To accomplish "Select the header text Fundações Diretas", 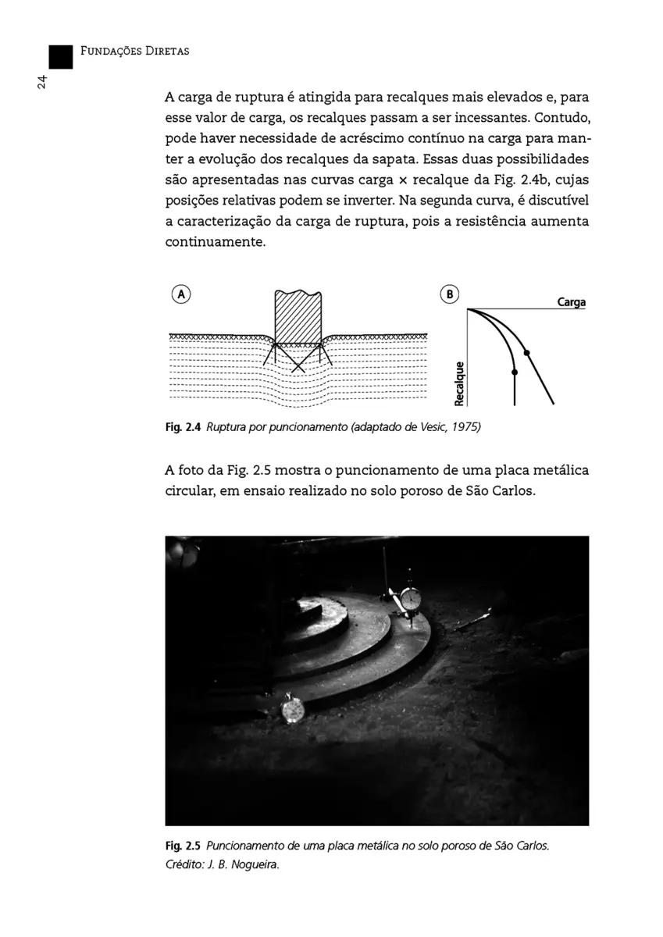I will point(135,52).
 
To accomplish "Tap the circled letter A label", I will point(181,294).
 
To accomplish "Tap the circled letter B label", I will point(451,294).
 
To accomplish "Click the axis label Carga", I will point(571,302).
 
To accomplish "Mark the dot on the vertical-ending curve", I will point(514,371).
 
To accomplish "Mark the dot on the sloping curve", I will point(526,353).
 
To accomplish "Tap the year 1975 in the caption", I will point(463,427).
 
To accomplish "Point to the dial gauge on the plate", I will point(410,599).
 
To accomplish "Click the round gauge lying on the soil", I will point(292,709).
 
